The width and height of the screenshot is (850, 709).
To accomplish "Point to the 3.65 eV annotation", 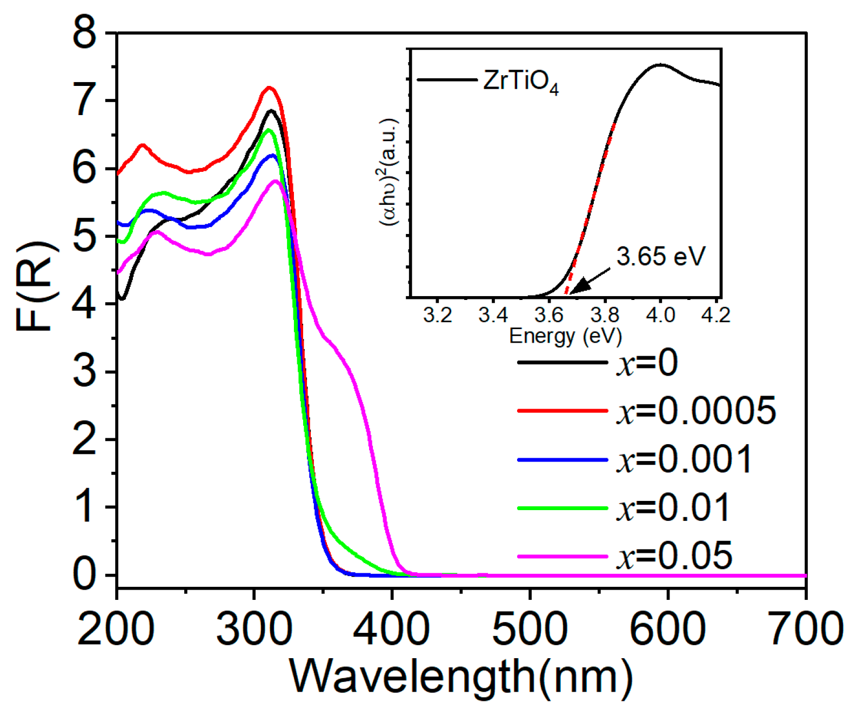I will [x=660, y=256].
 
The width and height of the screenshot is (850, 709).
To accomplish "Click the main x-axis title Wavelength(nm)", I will [x=461, y=676].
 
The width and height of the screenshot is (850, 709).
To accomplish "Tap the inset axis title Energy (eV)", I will [x=565, y=336].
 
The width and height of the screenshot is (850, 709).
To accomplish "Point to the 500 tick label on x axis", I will [x=530, y=629].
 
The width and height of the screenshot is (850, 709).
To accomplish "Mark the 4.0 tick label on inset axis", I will [x=660, y=315].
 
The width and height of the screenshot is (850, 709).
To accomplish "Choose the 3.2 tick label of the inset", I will [x=437, y=315].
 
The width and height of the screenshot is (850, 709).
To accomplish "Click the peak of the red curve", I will [x=269, y=88].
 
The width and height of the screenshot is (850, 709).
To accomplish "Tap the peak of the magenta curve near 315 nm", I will [x=276, y=181].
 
